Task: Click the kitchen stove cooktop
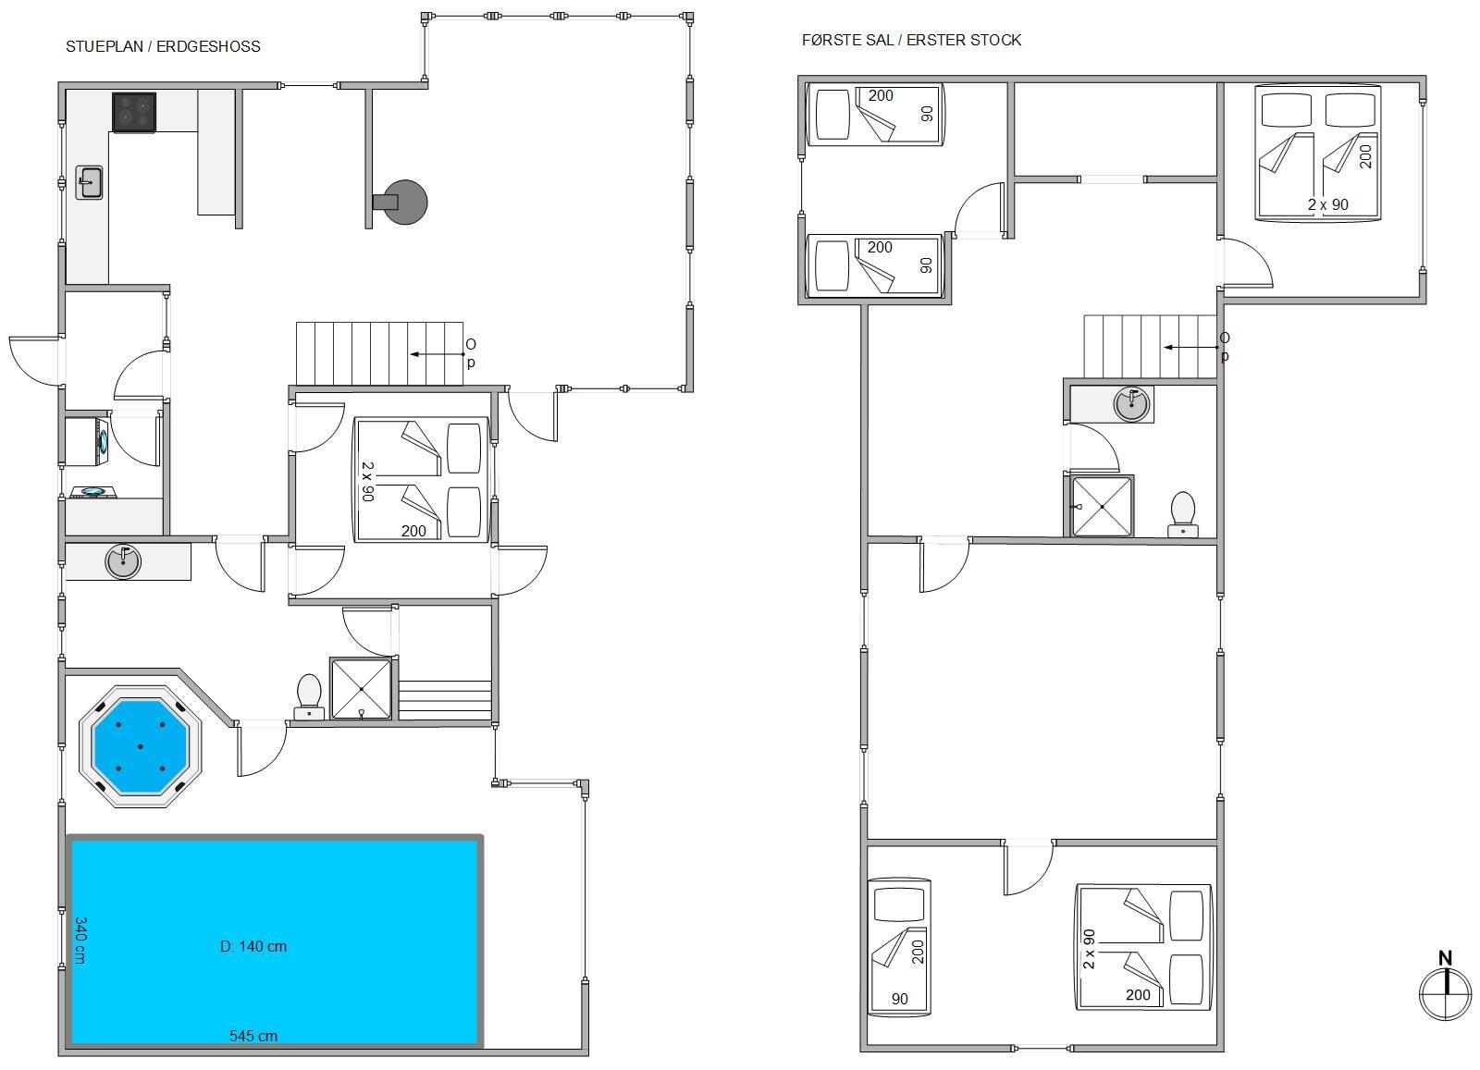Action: point(134,112)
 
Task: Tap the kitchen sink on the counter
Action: point(89,182)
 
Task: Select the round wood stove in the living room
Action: point(401,203)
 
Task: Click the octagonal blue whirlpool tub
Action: point(140,746)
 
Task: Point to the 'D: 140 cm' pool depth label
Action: point(253,946)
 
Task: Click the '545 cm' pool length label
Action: point(253,1036)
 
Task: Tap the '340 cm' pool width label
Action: point(80,940)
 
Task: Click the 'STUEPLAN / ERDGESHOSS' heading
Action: point(163,46)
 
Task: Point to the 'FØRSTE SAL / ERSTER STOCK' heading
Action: point(911,41)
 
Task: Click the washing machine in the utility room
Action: point(87,441)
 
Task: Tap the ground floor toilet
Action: point(309,696)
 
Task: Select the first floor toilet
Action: point(1183,514)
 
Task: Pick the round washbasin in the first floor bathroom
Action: point(1130,403)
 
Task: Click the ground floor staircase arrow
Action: point(438,354)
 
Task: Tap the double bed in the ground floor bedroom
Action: point(422,480)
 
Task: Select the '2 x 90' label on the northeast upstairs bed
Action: point(1328,204)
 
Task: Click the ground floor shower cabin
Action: point(361,688)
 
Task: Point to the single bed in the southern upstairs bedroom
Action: point(898,946)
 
